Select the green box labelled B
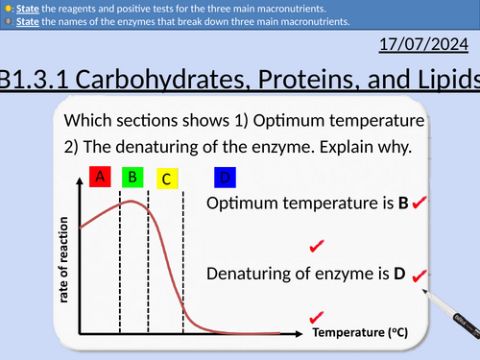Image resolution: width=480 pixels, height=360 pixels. [x=133, y=176]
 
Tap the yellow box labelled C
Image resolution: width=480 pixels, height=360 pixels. [x=165, y=179]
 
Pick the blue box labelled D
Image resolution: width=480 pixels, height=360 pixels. [x=225, y=178]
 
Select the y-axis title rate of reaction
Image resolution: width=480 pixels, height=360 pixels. [x=66, y=256]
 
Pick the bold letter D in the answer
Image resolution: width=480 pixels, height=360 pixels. [x=399, y=274]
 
